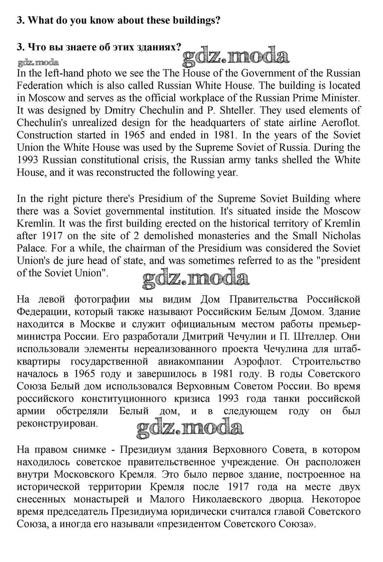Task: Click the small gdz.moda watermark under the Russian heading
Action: click(x=38, y=62)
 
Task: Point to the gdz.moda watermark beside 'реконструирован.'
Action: click(x=190, y=428)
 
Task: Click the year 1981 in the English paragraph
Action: click(x=249, y=135)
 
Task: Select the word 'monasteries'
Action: click(x=242, y=236)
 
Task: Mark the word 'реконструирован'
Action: click(x=57, y=424)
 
